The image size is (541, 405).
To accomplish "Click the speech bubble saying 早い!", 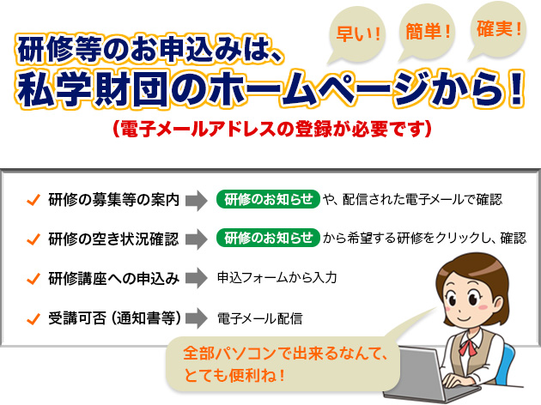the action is pyautogui.click(x=357, y=34).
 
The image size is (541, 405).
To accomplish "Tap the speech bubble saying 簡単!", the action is pyautogui.click(x=427, y=32).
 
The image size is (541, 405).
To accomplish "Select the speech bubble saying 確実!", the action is pyautogui.click(x=498, y=30).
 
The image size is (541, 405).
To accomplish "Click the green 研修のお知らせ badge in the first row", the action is pyautogui.click(x=268, y=199).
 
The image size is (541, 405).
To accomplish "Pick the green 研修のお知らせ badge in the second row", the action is pyautogui.click(x=268, y=238).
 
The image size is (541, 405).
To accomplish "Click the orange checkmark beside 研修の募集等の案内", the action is pyautogui.click(x=33, y=200).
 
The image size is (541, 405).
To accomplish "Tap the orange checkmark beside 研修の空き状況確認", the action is pyautogui.click(x=33, y=239).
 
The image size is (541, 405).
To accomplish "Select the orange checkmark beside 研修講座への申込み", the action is pyautogui.click(x=33, y=278).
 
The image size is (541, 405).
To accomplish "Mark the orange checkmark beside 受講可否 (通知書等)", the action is pyautogui.click(x=33, y=318).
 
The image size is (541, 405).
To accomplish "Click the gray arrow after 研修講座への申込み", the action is pyautogui.click(x=197, y=278).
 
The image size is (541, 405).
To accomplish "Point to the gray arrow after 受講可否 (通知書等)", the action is pyautogui.click(x=197, y=317).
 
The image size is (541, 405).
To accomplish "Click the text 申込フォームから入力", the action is pyautogui.click(x=277, y=278).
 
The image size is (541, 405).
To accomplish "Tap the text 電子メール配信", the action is pyautogui.click(x=260, y=318).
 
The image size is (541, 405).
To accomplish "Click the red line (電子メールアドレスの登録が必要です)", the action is pyautogui.click(x=272, y=130).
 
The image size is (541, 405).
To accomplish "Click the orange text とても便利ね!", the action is pyautogui.click(x=234, y=375).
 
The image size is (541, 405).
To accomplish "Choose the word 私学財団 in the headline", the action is pyautogui.click(x=93, y=89).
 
